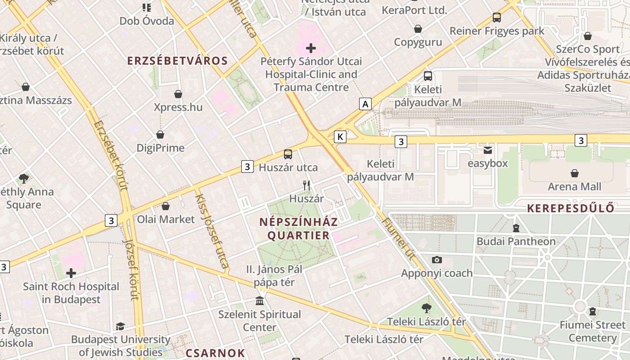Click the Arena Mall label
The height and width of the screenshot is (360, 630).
click(x=574, y=186)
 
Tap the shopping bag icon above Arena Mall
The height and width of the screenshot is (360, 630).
click(x=574, y=173)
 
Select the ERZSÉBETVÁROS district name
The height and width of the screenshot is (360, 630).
click(x=177, y=61)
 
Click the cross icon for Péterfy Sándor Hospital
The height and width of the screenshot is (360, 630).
click(x=310, y=48)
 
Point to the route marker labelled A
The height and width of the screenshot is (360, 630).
click(x=365, y=104)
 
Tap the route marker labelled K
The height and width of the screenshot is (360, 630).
click(x=340, y=137)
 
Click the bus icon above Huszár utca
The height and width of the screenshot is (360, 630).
click(x=288, y=154)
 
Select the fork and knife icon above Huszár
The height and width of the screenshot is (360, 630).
click(x=306, y=185)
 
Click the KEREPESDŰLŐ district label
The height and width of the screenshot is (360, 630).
click(x=571, y=208)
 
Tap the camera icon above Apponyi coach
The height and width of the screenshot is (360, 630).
click(x=436, y=260)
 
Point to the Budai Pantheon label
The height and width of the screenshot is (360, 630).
click(x=516, y=241)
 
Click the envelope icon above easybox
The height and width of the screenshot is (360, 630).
click(x=488, y=150)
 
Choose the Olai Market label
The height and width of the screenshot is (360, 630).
click(x=166, y=219)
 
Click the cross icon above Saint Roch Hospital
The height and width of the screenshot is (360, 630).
click(x=71, y=273)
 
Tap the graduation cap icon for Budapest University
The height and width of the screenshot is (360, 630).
click(x=120, y=326)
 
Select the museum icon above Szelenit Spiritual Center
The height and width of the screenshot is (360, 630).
click(x=260, y=301)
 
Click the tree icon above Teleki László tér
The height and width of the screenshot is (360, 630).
click(x=426, y=308)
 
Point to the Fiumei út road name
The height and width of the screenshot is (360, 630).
click(x=397, y=238)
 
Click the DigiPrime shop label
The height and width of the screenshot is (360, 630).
click(x=160, y=148)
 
